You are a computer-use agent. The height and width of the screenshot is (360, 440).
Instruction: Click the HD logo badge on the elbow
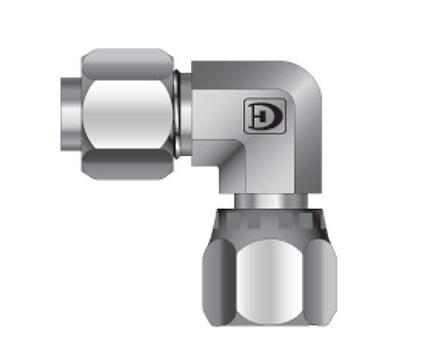(265, 116)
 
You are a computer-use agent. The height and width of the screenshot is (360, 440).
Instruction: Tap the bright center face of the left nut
(128, 114)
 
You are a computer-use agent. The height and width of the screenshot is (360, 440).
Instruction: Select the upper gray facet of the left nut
(128, 64)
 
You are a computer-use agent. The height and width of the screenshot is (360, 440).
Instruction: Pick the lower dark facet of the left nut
(128, 164)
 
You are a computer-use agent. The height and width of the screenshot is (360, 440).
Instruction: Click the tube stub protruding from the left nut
(71, 114)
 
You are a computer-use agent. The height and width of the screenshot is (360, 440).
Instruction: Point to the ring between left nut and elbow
(182, 114)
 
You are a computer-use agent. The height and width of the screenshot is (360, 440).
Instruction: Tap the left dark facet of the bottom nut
(219, 282)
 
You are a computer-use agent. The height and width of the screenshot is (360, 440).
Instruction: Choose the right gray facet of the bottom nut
(321, 282)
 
